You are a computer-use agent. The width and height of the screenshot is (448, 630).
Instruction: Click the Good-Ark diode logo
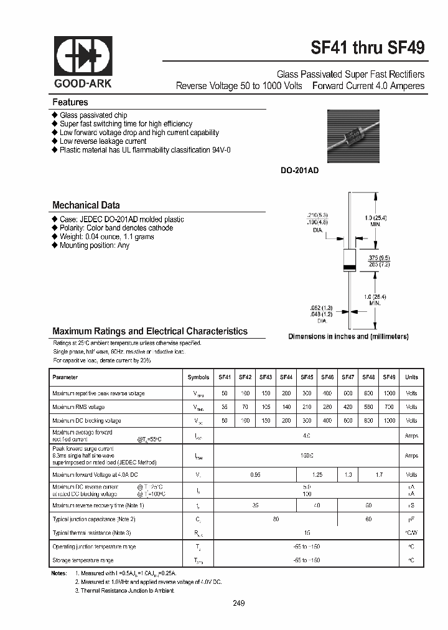83,57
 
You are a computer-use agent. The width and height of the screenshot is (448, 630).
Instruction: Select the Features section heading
70,102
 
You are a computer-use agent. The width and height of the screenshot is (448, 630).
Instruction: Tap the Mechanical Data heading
86,205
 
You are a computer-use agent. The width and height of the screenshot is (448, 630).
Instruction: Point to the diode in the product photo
354,135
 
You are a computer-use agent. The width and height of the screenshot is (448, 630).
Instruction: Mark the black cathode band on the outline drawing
350,268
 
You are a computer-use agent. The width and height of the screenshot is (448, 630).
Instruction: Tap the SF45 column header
307,377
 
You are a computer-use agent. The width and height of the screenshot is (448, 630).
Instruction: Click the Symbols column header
198,377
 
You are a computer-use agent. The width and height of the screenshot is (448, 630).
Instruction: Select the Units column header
411,377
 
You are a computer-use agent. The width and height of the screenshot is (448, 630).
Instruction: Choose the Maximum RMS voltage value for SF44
286,407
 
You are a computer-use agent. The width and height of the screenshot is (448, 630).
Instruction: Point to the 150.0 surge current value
307,456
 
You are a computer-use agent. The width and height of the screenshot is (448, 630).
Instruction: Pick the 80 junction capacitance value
276,519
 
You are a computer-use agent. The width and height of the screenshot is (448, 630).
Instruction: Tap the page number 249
239,603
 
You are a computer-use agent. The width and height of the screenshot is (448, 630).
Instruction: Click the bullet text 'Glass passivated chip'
93,115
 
